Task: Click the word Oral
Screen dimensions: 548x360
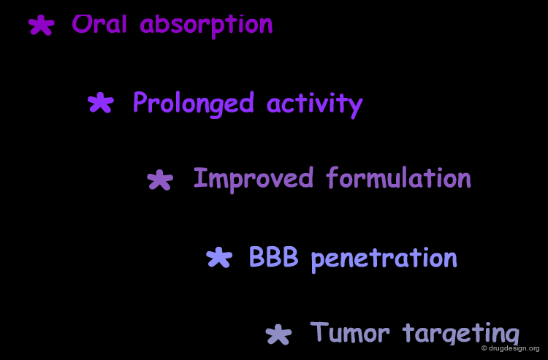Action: pos(99,24)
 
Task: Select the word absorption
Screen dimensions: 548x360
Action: pos(206,26)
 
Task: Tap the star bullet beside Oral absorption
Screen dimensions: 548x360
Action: pos(41,25)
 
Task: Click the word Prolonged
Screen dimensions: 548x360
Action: pos(194,104)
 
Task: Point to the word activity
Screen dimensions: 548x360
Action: pos(314,104)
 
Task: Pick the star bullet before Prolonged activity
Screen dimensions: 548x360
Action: pos(101,102)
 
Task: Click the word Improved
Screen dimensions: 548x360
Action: pos(254,179)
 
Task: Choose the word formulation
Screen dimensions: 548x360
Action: pos(398,177)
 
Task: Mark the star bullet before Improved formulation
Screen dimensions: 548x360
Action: pos(160,180)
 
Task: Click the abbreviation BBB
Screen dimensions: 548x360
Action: pos(274,256)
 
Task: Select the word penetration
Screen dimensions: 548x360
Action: pos(384,258)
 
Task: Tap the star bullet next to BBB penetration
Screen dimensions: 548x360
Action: pos(219,257)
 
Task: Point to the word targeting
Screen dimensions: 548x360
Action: pos(460,334)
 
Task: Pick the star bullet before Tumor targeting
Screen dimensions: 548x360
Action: pos(278,334)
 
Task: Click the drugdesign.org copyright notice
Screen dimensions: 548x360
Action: pos(511,348)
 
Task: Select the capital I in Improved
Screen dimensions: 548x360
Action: pos(199,177)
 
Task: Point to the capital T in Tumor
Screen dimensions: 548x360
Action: pos(319,331)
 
